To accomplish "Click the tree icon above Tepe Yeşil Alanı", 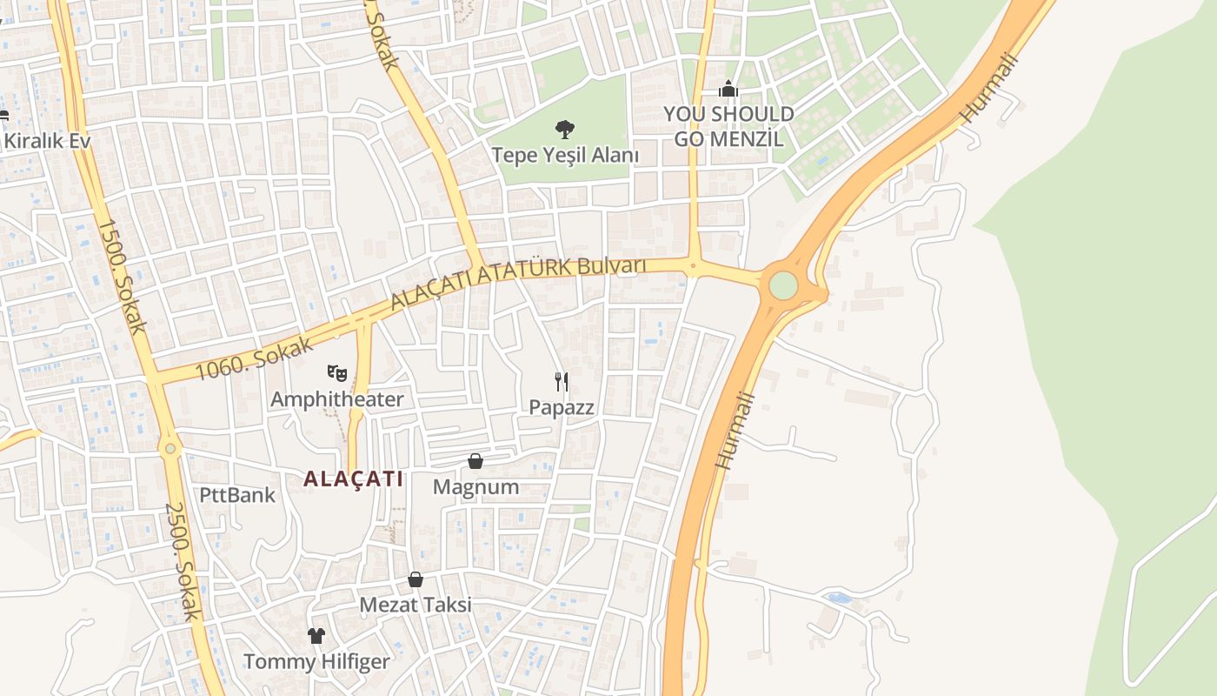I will (x=565, y=130).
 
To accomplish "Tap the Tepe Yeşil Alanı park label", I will (x=565, y=156).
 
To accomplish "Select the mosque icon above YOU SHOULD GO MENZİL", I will (x=728, y=88).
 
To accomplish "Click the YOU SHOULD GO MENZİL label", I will (x=728, y=126).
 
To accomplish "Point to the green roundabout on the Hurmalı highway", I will (x=783, y=284).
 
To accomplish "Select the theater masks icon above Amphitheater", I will (x=337, y=374).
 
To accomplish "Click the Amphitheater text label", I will (x=337, y=399).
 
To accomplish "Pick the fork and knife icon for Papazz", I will (x=562, y=381).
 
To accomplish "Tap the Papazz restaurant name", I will (x=562, y=406).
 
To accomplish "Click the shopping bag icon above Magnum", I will (x=475, y=460).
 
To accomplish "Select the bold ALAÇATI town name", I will (x=354, y=478).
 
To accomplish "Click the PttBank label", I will (x=237, y=495).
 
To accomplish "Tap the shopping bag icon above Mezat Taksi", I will (x=416, y=579).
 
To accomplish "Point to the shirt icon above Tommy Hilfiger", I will (x=316, y=636).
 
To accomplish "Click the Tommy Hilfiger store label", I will (x=316, y=661).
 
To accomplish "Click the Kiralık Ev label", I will (x=47, y=140).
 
